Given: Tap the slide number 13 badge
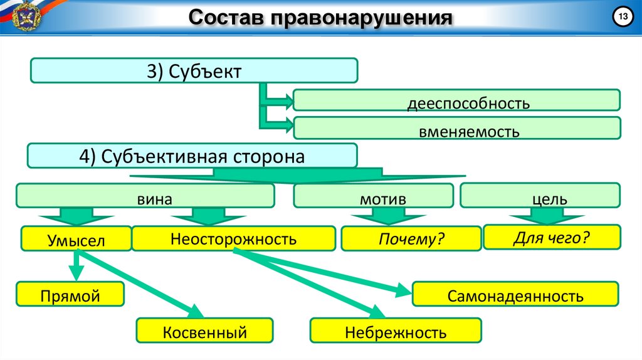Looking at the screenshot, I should click(623, 18).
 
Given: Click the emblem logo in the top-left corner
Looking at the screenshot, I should click(19, 16).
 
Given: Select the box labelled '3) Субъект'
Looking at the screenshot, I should click(194, 71).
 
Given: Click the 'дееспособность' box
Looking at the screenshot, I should click(456, 102).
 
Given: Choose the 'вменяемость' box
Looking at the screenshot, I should click(456, 130).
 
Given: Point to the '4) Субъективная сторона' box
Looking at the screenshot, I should click(192, 156).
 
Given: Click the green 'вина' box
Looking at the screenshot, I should click(145, 198).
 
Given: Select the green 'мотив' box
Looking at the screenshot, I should click(374, 198).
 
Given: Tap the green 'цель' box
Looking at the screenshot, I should click(540, 198).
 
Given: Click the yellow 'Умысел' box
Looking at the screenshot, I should click(76, 240).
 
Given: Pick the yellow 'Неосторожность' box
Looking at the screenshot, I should click(233, 238).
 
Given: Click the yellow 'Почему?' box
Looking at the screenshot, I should click(411, 239).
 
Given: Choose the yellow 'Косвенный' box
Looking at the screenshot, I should click(205, 331).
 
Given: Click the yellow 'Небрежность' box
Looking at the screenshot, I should click(396, 331).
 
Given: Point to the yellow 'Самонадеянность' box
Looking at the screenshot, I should click(515, 294).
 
